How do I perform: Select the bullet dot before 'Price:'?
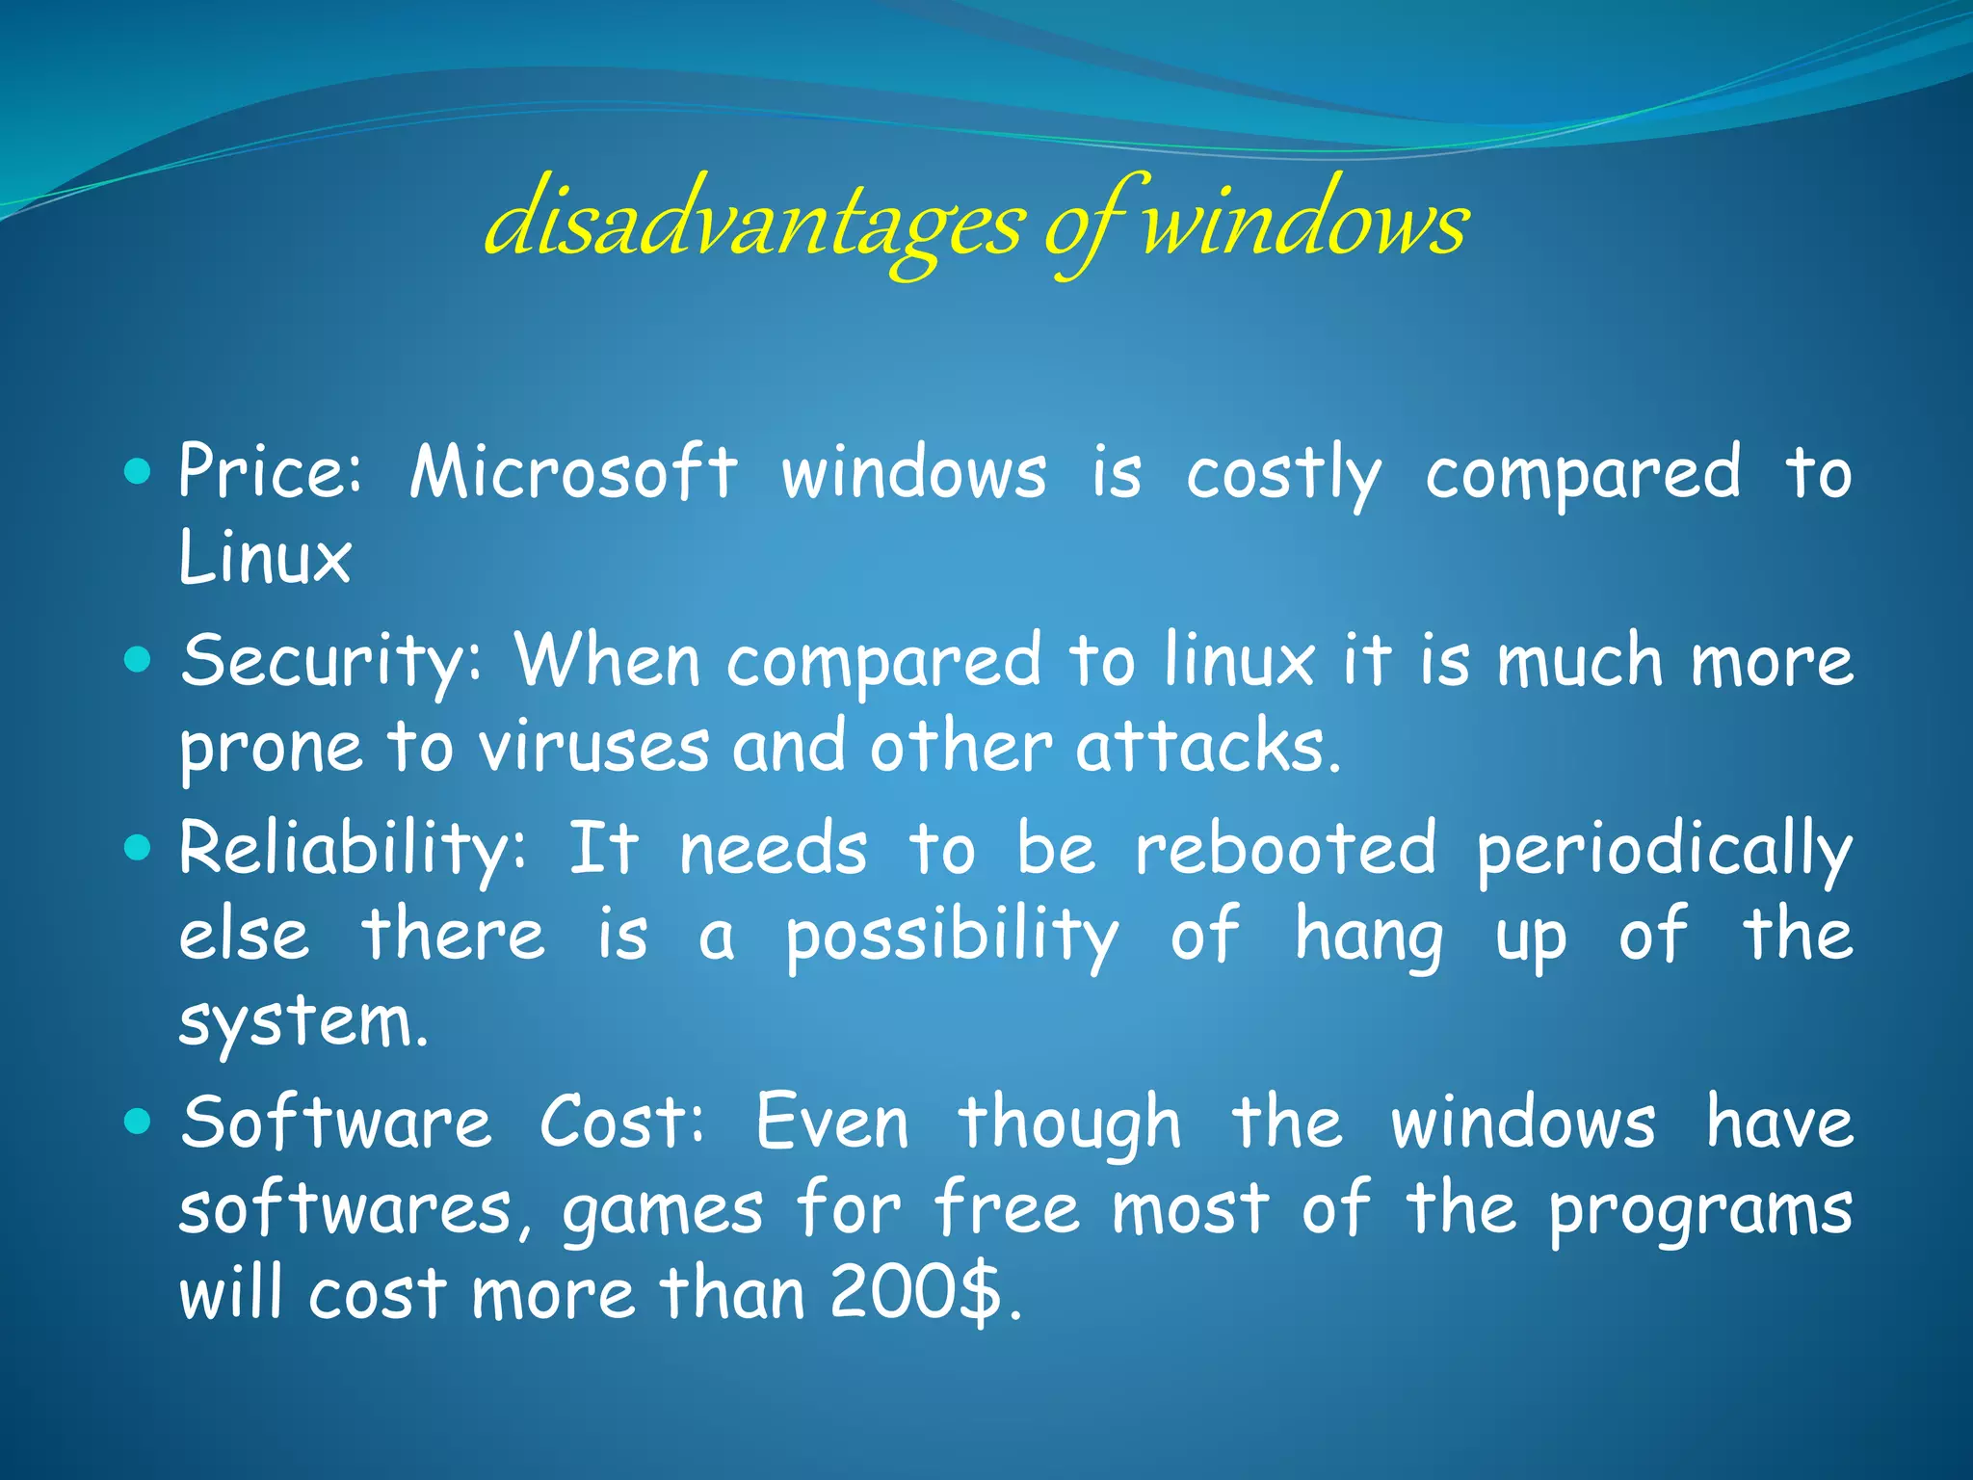point(139,471)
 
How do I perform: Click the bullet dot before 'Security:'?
point(139,660)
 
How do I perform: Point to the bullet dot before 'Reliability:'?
point(139,848)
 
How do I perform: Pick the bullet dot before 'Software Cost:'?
point(139,1122)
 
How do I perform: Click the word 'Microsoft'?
point(574,472)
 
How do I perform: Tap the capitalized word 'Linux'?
point(265,558)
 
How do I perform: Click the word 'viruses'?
point(594,747)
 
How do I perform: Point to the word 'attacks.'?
point(1208,747)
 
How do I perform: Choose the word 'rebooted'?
point(1286,848)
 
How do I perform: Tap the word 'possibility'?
point(952,935)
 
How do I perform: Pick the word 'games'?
point(663,1210)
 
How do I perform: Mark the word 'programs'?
point(1700,1210)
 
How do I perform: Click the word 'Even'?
point(832,1123)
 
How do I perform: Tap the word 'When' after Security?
point(607,660)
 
